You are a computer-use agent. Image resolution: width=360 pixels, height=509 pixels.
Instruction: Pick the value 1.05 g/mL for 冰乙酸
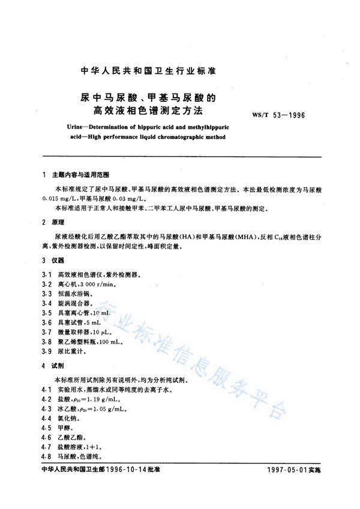click(x=112, y=408)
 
